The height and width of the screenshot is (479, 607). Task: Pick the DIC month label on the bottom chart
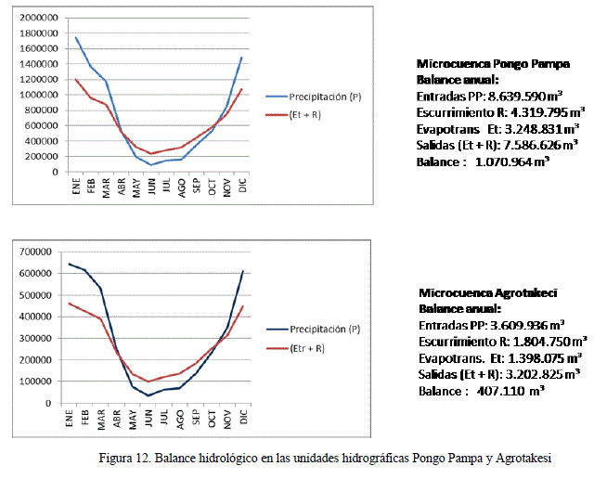click(243, 419)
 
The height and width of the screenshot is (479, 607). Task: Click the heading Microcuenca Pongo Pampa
click(493, 65)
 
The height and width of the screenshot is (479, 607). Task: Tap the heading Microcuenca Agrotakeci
click(487, 292)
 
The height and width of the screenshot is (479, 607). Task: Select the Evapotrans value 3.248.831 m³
click(536, 129)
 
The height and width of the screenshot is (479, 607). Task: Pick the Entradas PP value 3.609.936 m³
click(529, 325)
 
